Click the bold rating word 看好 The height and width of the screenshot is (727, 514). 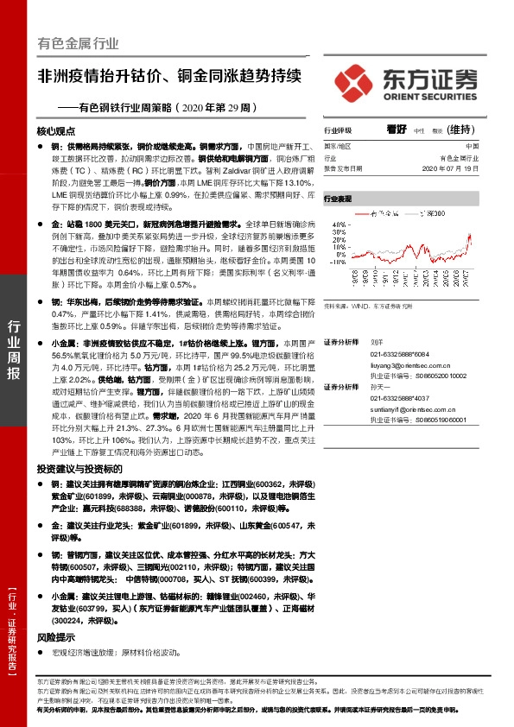point(397,130)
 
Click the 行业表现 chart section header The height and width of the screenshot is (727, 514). point(339,199)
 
